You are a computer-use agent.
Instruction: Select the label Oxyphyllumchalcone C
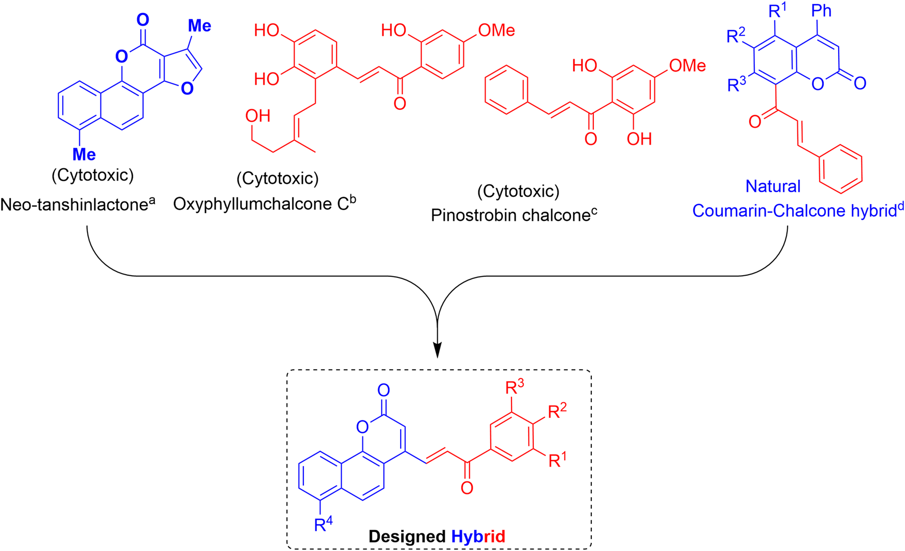[264, 204]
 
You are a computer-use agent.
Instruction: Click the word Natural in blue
[772, 186]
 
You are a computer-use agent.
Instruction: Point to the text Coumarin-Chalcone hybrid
[797, 210]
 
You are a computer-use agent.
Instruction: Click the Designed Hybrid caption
[436, 536]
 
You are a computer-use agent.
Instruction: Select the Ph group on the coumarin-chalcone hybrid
[822, 11]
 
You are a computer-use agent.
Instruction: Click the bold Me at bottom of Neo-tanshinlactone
[83, 154]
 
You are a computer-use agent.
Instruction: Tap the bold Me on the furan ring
[199, 25]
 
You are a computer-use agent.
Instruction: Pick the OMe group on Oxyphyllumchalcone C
[496, 31]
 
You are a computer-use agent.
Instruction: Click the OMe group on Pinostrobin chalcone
[687, 66]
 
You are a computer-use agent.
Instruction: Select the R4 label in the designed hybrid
[323, 525]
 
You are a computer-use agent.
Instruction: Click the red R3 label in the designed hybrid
[514, 387]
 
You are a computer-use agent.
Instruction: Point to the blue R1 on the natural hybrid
[777, 11]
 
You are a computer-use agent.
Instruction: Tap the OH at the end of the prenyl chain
[257, 116]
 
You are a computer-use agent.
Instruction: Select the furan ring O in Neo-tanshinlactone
[187, 89]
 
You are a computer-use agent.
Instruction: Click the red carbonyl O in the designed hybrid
[466, 488]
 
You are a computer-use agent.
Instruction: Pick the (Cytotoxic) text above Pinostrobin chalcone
[518, 191]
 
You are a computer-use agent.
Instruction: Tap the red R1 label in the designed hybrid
[557, 460]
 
